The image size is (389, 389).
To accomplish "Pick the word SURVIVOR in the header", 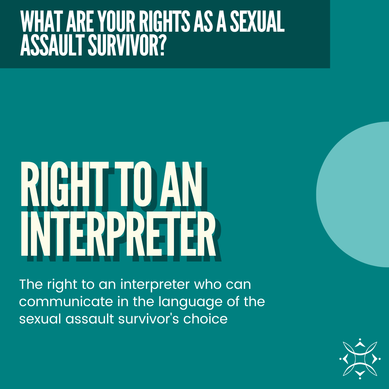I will (x=120, y=46).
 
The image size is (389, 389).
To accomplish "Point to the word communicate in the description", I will (x=66, y=302).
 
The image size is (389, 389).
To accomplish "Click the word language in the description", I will (x=189, y=302).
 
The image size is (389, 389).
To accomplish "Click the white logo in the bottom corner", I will (x=359, y=358).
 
